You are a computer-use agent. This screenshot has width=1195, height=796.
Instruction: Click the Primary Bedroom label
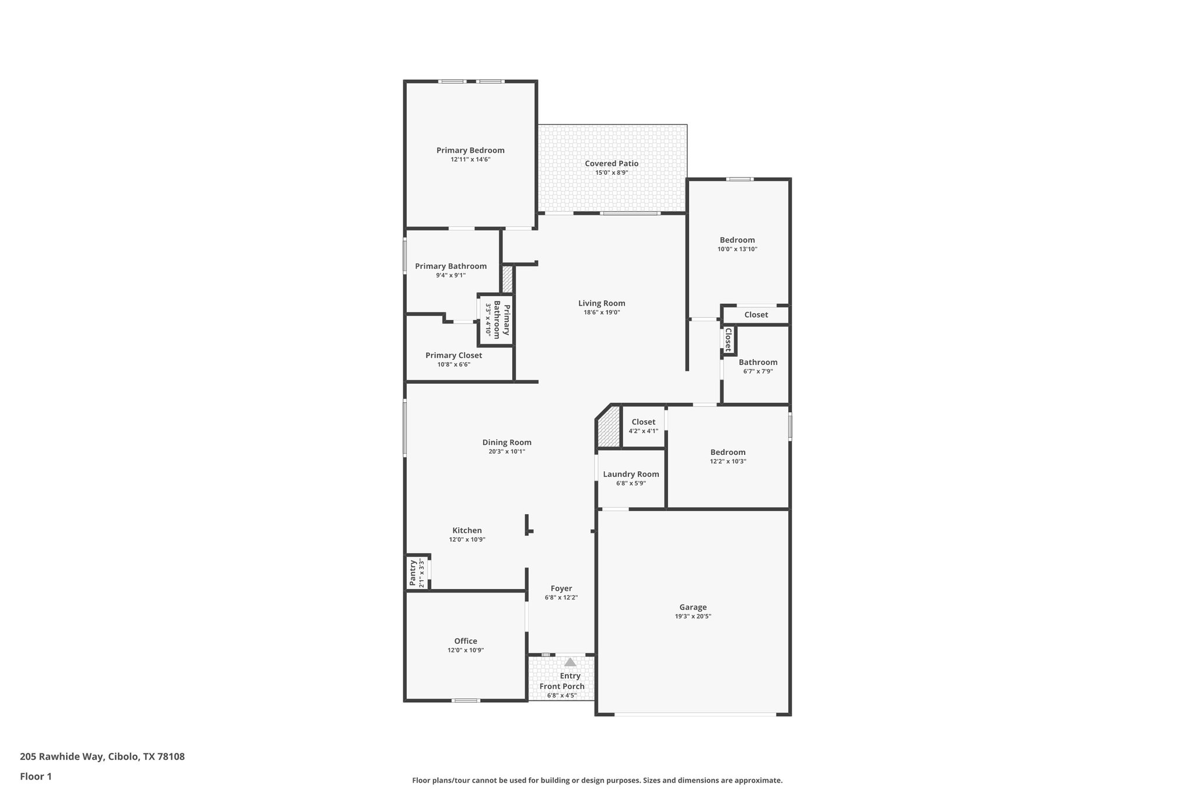(470, 150)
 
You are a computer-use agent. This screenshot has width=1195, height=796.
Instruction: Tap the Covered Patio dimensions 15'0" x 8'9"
(612, 173)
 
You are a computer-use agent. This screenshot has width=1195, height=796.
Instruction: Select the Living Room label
(602, 303)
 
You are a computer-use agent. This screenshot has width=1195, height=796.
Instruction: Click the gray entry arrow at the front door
(570, 662)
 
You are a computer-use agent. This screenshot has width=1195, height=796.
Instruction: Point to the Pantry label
(413, 573)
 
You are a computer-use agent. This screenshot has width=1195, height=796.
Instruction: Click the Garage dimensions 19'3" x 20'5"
(693, 616)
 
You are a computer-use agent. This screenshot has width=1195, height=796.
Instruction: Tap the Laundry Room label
(631, 474)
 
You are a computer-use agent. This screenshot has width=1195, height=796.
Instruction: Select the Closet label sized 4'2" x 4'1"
(643, 422)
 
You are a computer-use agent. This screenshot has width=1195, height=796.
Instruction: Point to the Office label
(466, 641)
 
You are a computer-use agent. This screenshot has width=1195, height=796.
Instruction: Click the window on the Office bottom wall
(466, 700)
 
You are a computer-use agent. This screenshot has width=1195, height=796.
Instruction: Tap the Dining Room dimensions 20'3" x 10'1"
(506, 451)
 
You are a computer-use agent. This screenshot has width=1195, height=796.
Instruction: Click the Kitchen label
(467, 530)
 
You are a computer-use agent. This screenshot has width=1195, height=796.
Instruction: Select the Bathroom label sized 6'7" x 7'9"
(758, 362)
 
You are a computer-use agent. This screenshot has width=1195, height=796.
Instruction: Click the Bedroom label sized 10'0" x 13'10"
(737, 240)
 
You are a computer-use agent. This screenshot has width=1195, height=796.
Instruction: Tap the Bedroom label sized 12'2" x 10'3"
(728, 452)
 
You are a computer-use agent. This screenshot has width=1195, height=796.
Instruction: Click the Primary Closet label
(453, 355)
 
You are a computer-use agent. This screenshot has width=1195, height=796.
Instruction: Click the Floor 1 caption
(36, 777)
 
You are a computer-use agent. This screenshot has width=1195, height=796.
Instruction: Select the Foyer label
(561, 588)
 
